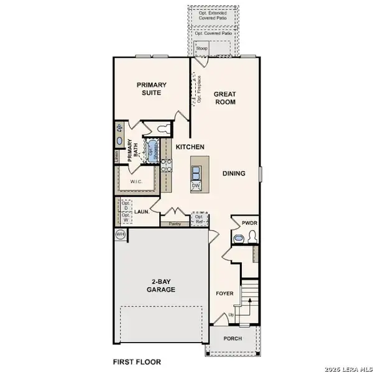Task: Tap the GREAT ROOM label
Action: coord(224,98)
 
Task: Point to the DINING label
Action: coord(234,173)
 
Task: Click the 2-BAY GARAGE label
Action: coord(161,285)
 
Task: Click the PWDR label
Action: coord(242,223)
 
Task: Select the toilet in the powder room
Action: coord(251,236)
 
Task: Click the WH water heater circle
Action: coord(120,234)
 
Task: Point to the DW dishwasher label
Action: coord(196,186)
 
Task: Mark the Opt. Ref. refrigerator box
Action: coord(200,218)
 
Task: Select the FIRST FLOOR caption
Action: coord(136,361)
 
